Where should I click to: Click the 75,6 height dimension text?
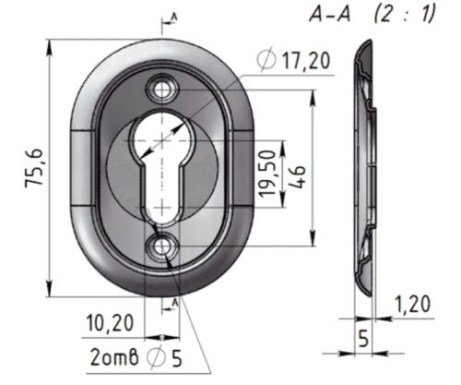[x=34, y=166]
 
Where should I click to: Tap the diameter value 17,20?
[x=306, y=61]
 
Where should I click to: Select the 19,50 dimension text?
[x=266, y=174]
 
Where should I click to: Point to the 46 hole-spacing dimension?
[x=297, y=176]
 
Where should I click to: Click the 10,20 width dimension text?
[x=110, y=323]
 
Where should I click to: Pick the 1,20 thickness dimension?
[x=413, y=305]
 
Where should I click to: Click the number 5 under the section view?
[x=363, y=339]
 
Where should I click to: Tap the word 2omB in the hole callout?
[x=114, y=357]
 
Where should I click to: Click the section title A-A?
[x=330, y=15]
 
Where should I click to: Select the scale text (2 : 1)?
[x=405, y=15]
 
